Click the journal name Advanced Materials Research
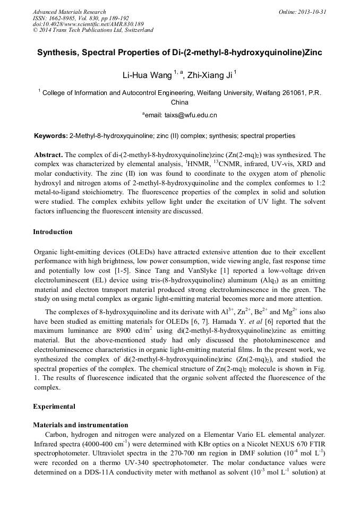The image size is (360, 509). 69,12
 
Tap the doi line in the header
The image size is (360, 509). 88,24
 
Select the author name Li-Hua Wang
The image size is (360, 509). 145,75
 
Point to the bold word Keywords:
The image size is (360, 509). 50,136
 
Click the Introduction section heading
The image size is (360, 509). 53,232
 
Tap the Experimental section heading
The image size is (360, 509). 54,407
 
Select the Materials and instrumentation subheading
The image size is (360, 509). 80,425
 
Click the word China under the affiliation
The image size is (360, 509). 179,102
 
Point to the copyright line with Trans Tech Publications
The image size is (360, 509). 93,30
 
